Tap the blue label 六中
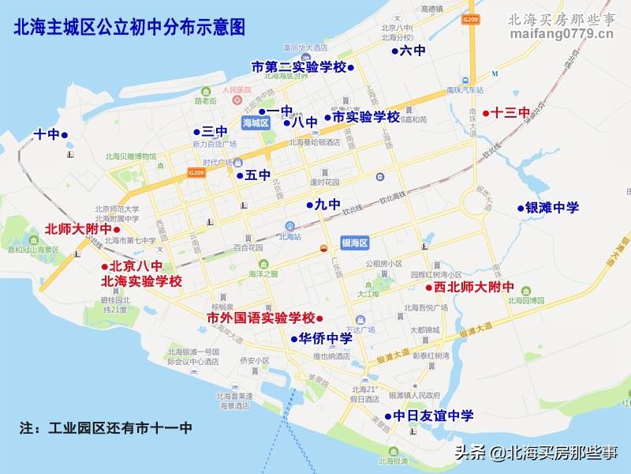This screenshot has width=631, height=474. (x=413, y=51)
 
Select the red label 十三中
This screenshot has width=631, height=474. (x=510, y=113)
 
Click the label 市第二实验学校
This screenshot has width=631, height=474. (x=298, y=66)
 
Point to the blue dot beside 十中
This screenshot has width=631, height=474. (x=65, y=135)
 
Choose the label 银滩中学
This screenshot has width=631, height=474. (x=552, y=208)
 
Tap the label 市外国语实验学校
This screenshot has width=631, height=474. (x=260, y=318)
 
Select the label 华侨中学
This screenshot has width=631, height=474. (x=325, y=339)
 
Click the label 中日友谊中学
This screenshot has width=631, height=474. (x=434, y=416)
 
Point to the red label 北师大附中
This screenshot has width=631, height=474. (x=79, y=229)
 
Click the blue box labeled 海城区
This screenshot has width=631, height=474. (x=256, y=123)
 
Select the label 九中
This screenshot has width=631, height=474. (x=327, y=205)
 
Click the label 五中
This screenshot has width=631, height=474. (x=258, y=175)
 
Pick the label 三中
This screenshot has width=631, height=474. (x=215, y=132)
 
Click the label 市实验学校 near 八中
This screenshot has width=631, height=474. (x=366, y=117)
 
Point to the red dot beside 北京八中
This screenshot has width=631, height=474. (x=105, y=266)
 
